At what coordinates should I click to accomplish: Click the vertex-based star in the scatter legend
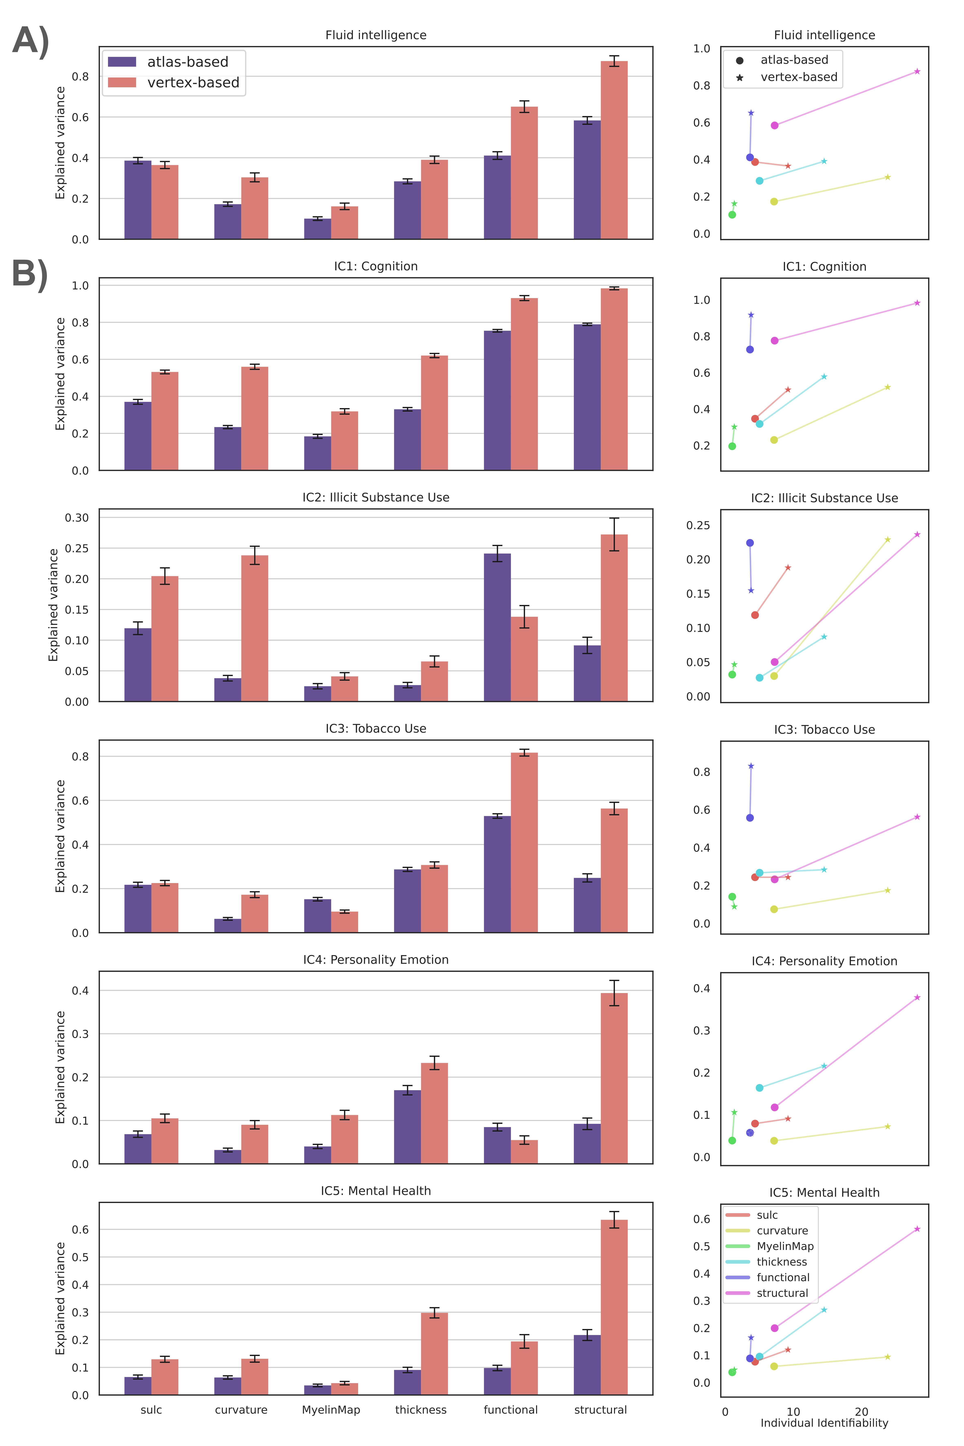[x=740, y=77]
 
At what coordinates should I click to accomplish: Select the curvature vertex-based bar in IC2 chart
[x=254, y=628]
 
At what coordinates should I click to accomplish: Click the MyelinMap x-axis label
[x=331, y=1410]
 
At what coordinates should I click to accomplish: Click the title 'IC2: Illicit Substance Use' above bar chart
[x=376, y=497]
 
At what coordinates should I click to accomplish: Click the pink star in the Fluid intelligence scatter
[x=917, y=71]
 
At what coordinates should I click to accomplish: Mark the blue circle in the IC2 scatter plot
[x=750, y=543]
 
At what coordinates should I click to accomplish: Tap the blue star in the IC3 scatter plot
[x=751, y=766]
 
